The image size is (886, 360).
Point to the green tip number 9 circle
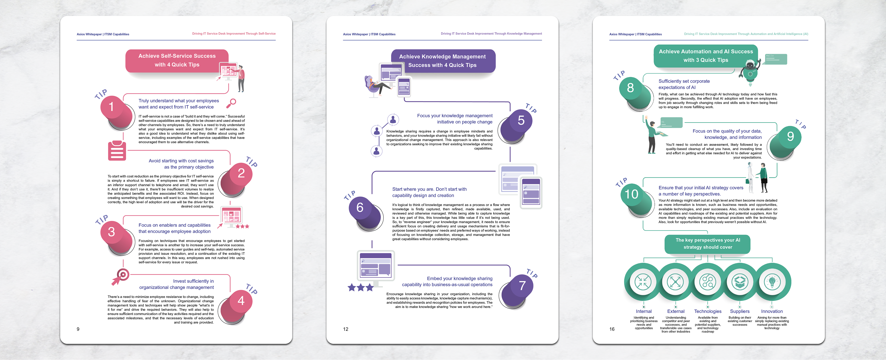[x=790, y=137]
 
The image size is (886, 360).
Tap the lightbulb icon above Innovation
[x=772, y=282]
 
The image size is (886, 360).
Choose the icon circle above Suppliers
[x=740, y=282]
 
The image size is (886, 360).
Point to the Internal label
[x=644, y=311]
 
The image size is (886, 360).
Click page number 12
[x=346, y=329]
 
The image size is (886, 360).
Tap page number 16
[x=612, y=329]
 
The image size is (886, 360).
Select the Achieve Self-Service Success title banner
[x=177, y=60]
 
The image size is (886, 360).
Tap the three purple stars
[x=360, y=287]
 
